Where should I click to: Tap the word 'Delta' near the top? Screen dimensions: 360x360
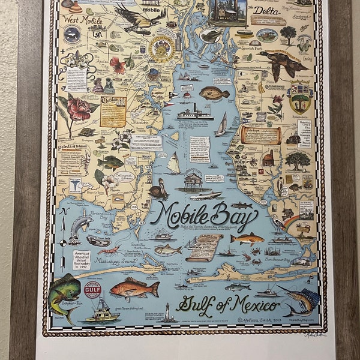(266, 11)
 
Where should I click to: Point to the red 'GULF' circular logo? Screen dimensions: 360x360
(92, 290)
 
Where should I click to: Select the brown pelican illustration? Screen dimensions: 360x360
(157, 189)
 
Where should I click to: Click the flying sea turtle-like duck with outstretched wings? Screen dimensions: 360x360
(281, 62)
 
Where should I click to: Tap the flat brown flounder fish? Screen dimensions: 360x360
(214, 92)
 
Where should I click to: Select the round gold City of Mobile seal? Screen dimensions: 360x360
(160, 49)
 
